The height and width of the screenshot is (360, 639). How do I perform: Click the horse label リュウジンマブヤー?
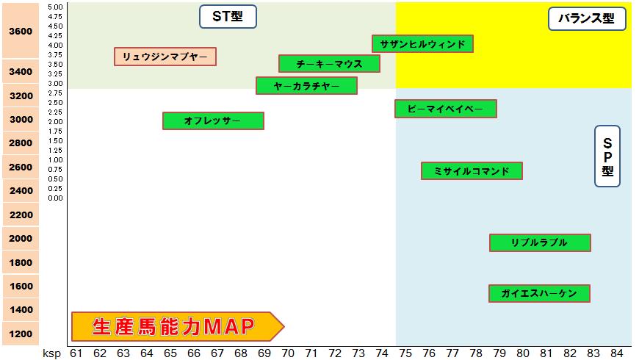tap(165, 57)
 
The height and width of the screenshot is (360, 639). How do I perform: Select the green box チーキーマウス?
tap(329, 64)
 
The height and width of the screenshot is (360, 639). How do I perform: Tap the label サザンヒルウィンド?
tap(422, 44)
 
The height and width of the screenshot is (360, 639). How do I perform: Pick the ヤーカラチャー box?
tap(306, 86)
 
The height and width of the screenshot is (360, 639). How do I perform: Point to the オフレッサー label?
tap(213, 120)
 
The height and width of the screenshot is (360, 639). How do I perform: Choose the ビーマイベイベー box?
tap(445, 109)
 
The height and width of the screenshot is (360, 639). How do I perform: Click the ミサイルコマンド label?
tap(472, 171)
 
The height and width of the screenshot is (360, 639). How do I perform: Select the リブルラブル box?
tap(540, 242)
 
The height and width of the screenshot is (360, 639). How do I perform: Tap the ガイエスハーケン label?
tap(539, 293)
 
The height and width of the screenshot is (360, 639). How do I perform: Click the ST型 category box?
tap(228, 17)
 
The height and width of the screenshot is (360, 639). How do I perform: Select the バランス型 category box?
tap(587, 19)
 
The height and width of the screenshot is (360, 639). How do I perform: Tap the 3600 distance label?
tap(20, 32)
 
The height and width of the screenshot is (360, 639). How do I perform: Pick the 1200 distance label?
tap(20, 334)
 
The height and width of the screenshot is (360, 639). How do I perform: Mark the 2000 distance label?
tap(20, 238)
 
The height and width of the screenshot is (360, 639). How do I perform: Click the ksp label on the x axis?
tap(51, 353)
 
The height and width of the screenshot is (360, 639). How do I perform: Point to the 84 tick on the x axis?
tap(617, 353)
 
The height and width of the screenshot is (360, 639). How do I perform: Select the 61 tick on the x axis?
tap(76, 353)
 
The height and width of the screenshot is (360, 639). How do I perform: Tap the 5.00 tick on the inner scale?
tap(55, 7)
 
